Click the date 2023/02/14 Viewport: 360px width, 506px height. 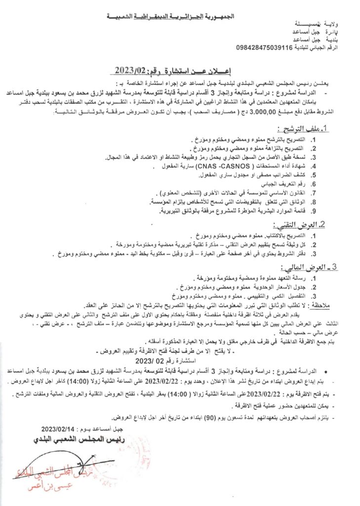[x=58, y=428]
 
